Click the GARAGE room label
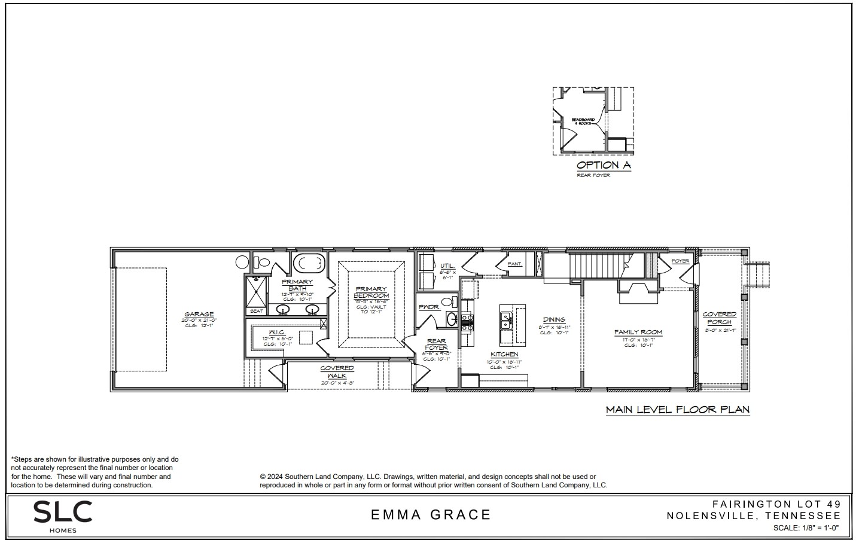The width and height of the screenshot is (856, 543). pos(199,315)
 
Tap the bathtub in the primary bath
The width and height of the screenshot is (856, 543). pos(309,263)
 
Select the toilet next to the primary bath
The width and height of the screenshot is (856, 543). pos(262,262)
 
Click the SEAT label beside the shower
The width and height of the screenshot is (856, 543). pos(256,311)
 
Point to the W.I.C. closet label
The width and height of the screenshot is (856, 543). pos(276,332)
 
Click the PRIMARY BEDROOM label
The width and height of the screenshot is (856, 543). pos(371,292)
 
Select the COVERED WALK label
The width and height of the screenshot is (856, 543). pos(337,371)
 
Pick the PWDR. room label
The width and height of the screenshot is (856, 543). pos(429,307)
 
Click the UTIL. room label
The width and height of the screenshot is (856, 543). pos(447,266)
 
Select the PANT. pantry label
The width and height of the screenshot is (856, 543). pos(514,264)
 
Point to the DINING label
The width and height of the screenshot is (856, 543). pos(554,320)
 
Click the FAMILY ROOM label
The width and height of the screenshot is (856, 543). pos(638,332)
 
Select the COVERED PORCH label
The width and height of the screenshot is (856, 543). pos(719,318)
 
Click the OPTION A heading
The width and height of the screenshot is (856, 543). pos(603,165)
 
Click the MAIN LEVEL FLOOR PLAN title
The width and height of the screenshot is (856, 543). pos(677,410)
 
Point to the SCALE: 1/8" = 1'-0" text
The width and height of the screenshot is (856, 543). pos(806,528)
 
